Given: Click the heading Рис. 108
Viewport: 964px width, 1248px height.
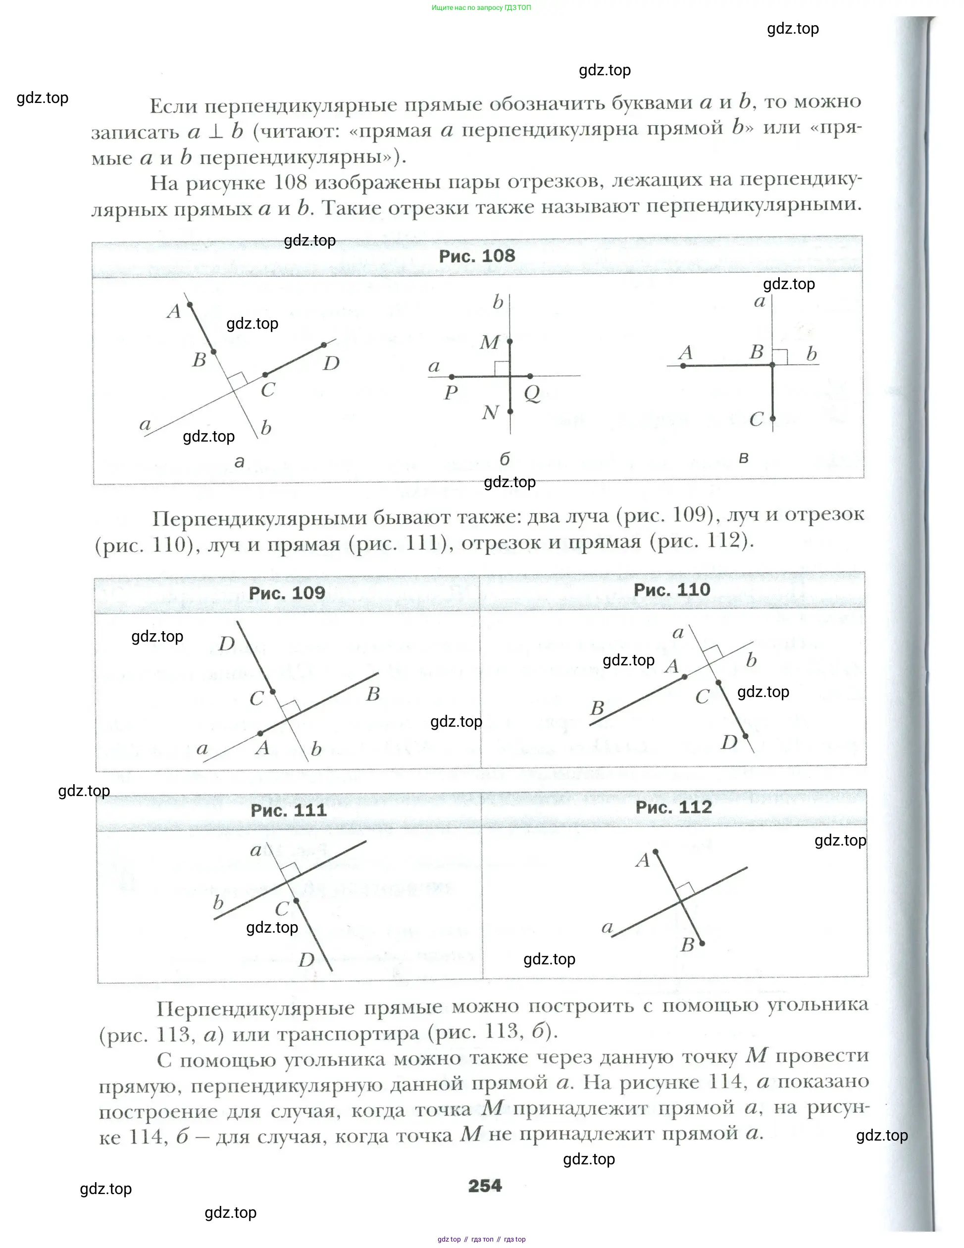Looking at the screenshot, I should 477,256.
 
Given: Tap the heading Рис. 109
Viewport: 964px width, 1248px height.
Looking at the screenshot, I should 287,593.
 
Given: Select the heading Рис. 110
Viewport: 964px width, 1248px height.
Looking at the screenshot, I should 671,590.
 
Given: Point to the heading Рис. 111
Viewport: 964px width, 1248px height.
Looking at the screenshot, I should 289,810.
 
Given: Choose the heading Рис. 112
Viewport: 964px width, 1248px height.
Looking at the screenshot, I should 674,807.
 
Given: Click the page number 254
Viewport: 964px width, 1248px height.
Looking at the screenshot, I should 485,1186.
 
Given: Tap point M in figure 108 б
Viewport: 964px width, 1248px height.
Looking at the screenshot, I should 509,341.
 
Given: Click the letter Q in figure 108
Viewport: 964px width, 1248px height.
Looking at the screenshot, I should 532,393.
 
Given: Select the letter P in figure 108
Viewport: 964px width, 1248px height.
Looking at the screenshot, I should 451,393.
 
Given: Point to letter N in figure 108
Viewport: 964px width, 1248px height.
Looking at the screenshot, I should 490,412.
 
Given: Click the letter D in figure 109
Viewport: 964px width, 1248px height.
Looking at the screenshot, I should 227,644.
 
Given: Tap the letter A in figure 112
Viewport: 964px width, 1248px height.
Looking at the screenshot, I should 643,860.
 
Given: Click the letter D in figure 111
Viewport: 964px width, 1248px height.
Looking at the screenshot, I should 307,959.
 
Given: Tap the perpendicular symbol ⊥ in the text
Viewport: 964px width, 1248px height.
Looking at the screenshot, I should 215,132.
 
